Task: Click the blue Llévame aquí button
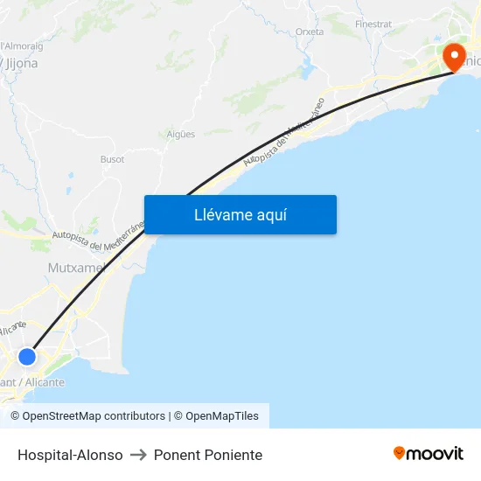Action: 240,214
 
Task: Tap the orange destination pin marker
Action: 455,56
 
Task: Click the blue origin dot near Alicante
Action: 27,357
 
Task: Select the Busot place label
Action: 112,159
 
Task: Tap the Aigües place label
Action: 180,134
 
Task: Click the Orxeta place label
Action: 310,31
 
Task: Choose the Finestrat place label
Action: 373,24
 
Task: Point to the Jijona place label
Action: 21,63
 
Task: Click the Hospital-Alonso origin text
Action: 70,455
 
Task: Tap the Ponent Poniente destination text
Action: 208,455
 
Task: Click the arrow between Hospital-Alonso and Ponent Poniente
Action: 138,455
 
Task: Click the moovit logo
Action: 428,453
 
